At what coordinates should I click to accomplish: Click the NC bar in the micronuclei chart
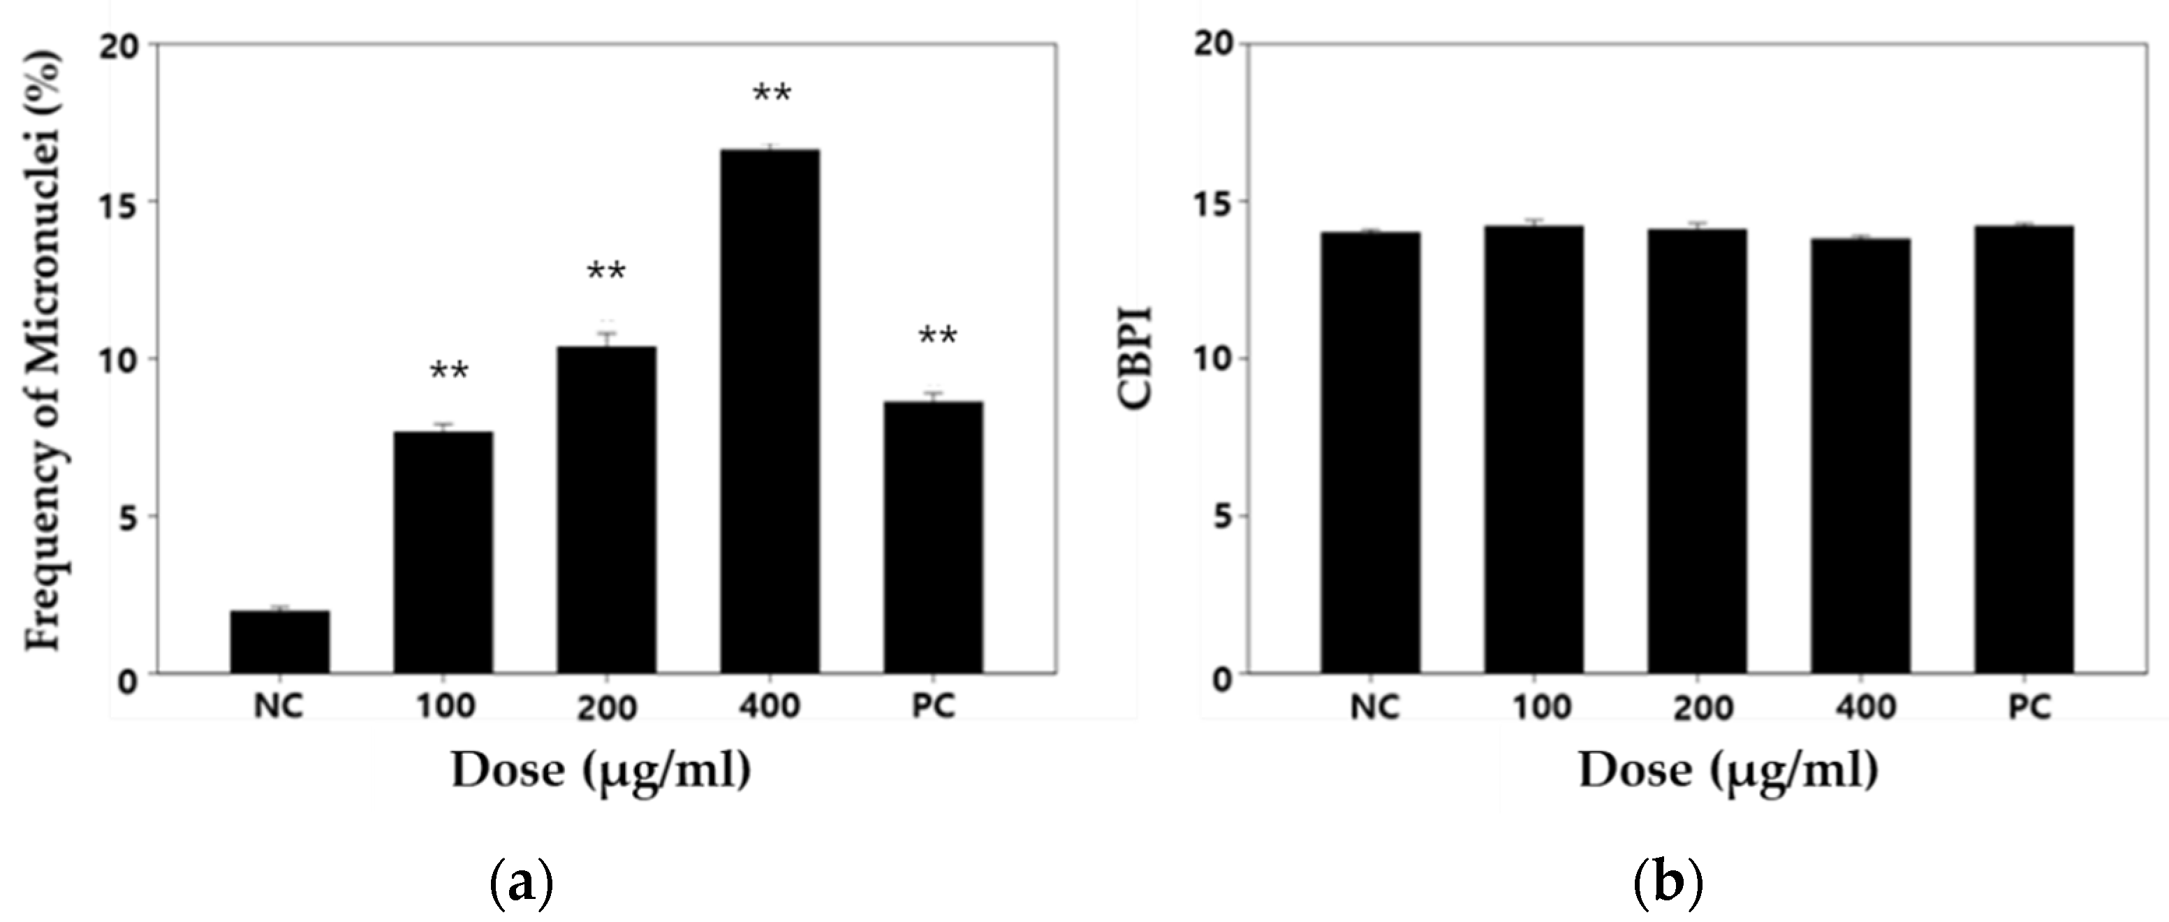(x=279, y=642)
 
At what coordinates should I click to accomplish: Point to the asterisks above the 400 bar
(x=771, y=94)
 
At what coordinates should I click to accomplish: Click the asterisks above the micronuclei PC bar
(x=937, y=337)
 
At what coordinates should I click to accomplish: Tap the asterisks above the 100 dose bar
(x=449, y=372)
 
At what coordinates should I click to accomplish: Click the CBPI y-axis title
(x=1136, y=358)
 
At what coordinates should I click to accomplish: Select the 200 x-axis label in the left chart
(x=606, y=708)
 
